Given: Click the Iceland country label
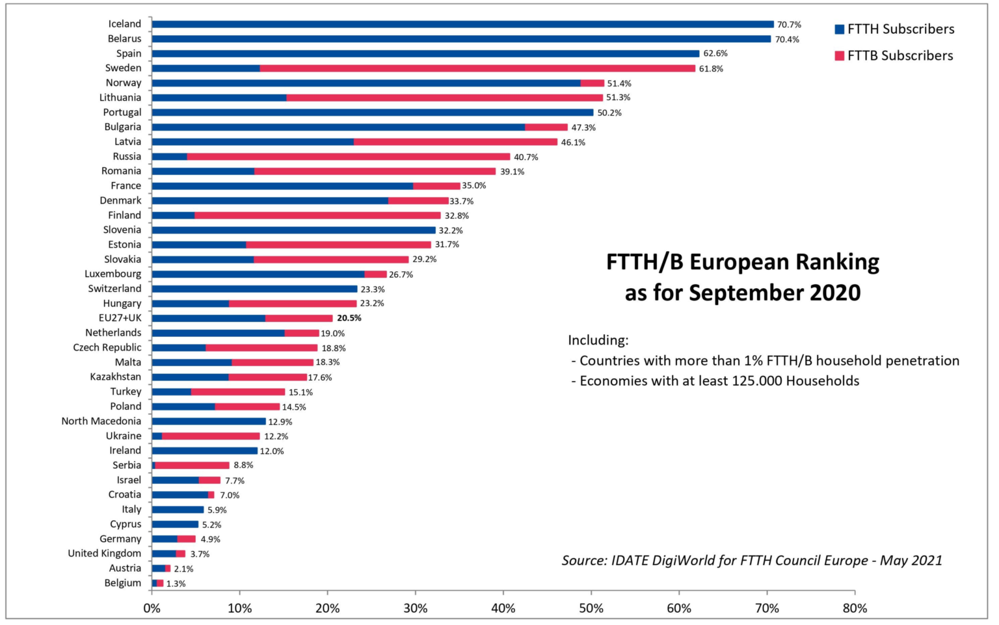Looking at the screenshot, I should pos(124,24).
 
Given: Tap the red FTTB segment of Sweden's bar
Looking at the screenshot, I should pos(477,68).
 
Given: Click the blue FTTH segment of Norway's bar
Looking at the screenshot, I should pos(366,83).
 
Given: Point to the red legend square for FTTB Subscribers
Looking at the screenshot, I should pos(839,56).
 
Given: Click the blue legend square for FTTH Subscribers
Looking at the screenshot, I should pos(839,29).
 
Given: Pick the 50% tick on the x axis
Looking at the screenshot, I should pos(591,609).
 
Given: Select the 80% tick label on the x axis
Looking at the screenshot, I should pos(855,609).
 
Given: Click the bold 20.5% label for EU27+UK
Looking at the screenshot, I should pos(349,318).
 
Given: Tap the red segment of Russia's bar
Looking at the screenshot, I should pos(349,157).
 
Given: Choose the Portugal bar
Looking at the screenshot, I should pos(372,113).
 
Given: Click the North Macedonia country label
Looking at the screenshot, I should pos(101,421).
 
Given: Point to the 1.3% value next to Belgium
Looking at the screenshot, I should pos(176,583).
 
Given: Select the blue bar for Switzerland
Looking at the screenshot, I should pos(254,289).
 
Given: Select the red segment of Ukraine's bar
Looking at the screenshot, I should pos(211,436).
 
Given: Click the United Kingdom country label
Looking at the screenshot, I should pos(104,553).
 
